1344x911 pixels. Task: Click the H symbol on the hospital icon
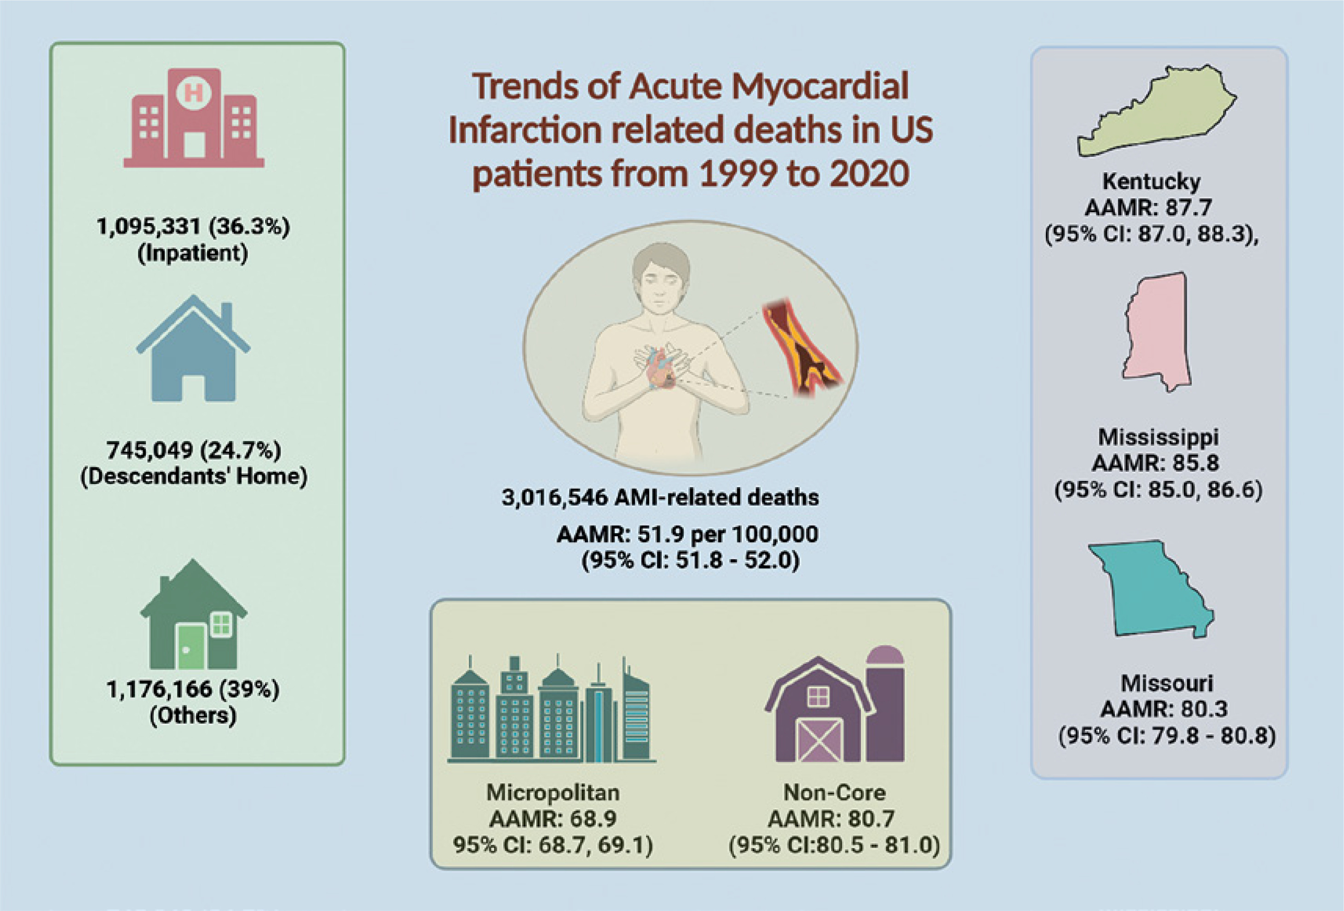193,93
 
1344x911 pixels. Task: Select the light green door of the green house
191,646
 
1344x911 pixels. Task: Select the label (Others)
193,716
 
